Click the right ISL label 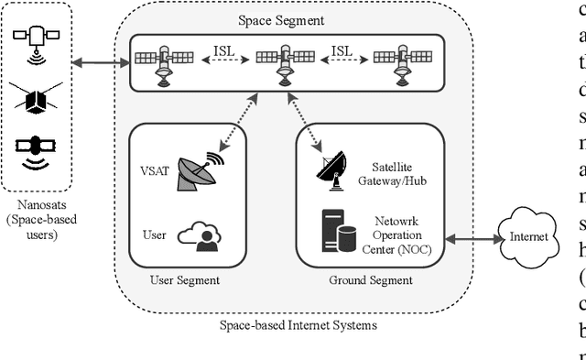point(342,50)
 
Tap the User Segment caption point(186,280)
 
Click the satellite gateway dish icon point(331,172)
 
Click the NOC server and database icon point(336,231)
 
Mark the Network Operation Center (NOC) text point(403,235)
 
